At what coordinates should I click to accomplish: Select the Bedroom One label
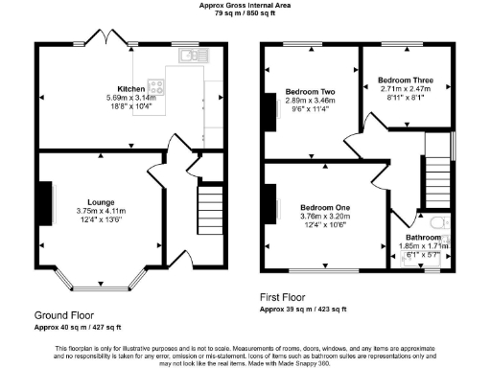324,208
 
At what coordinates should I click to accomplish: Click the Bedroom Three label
402,80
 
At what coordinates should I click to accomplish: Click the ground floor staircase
209,215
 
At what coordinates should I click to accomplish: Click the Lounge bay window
95,285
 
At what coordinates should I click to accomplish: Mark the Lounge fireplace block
44,204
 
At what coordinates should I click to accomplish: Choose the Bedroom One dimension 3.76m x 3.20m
324,218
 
